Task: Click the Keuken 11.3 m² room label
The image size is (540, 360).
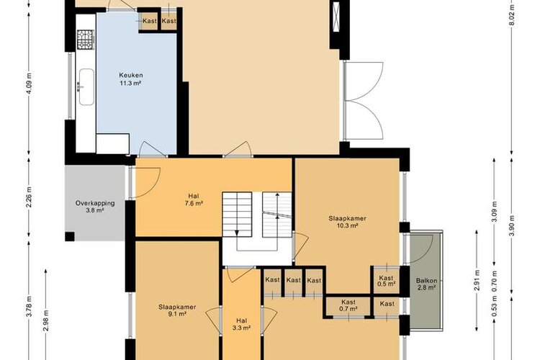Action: pyautogui.click(x=130, y=79)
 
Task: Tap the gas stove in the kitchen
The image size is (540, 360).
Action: pyautogui.click(x=86, y=40)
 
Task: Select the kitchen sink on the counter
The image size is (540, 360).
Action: pyautogui.click(x=86, y=87)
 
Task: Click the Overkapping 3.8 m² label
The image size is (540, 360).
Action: pyautogui.click(x=95, y=207)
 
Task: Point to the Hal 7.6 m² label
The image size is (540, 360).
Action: pyautogui.click(x=194, y=200)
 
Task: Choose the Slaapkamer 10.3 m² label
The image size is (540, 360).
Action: pyautogui.click(x=347, y=222)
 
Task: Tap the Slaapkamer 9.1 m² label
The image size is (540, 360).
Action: pyautogui.click(x=177, y=310)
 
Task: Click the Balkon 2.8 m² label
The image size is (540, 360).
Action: pyautogui.click(x=426, y=284)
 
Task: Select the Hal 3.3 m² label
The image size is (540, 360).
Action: pyautogui.click(x=241, y=324)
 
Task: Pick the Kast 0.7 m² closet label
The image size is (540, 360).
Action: pyautogui.click(x=348, y=305)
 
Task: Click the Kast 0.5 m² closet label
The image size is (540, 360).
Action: pyautogui.click(x=386, y=281)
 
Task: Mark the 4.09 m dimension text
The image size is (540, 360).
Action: pyautogui.click(x=30, y=83)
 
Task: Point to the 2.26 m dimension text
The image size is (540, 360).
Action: pyautogui.click(x=30, y=197)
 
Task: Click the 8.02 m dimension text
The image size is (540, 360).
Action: pyautogui.click(x=512, y=15)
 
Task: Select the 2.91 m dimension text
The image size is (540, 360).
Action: pyautogui.click(x=477, y=281)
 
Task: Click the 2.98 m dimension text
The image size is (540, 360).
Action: pyautogui.click(x=46, y=320)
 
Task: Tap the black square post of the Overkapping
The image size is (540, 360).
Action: pyautogui.click(x=70, y=236)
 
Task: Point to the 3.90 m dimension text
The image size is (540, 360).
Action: pyautogui.click(x=512, y=225)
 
